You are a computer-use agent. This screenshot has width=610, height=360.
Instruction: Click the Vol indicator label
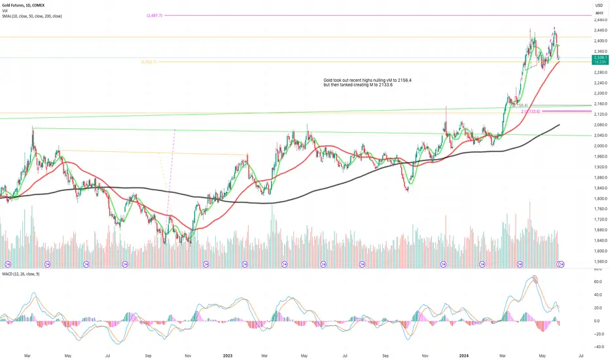click(5, 10)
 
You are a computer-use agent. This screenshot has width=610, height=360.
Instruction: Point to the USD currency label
click(598, 5)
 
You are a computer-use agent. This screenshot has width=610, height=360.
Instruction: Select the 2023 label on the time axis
click(228, 355)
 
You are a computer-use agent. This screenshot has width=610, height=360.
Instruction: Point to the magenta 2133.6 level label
click(531, 111)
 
